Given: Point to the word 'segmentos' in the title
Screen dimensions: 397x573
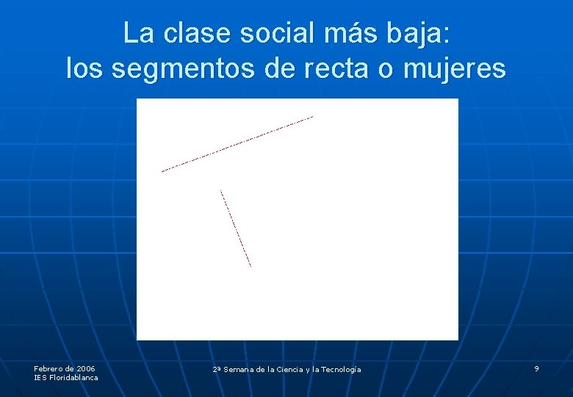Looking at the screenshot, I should click(x=184, y=69).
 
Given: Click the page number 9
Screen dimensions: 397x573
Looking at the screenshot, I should click(x=536, y=368).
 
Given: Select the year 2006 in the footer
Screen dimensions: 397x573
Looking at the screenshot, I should click(x=85, y=368).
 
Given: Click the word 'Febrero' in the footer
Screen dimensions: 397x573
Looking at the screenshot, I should click(x=48, y=368).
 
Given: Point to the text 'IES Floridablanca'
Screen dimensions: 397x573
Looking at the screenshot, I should click(x=65, y=378).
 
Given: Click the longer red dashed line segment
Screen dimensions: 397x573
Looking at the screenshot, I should click(x=237, y=144).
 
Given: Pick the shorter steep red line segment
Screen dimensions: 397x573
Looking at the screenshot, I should click(x=236, y=229).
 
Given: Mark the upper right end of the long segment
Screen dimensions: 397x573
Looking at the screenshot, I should click(x=313, y=116).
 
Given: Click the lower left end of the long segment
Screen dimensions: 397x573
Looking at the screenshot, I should click(x=162, y=171).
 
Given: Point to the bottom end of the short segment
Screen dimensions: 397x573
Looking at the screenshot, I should click(x=251, y=266).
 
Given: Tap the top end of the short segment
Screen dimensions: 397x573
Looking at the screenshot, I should click(x=220, y=191).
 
